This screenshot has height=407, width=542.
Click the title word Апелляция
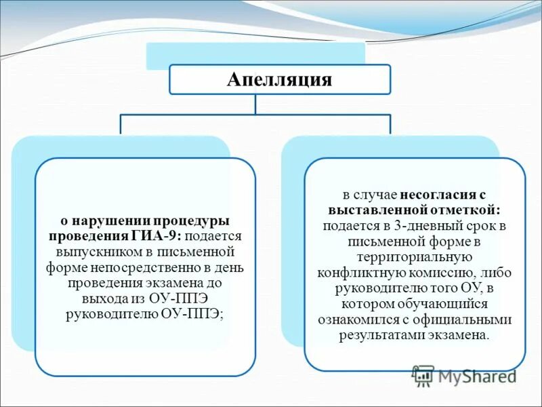[279, 79]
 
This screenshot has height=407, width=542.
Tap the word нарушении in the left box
[105, 221]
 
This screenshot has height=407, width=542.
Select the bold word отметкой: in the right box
[468, 210]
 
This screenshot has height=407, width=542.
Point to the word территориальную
[414, 257]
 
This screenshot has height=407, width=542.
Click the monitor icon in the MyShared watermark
[423, 375]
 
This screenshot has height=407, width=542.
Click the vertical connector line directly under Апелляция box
[255, 104]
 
